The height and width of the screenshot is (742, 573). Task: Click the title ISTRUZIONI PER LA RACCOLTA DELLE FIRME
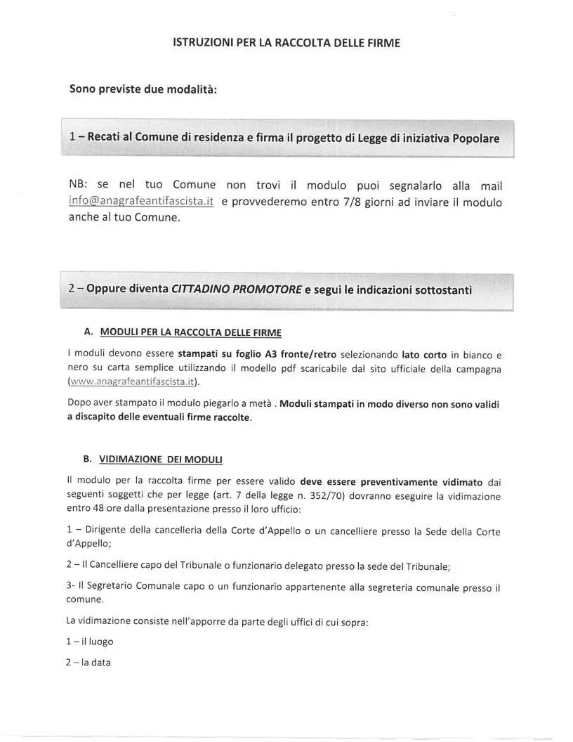click(286, 43)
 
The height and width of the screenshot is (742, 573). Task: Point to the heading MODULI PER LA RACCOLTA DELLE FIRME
click(191, 332)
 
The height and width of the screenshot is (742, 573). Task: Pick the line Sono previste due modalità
click(143, 90)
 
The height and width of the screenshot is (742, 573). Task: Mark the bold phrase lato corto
click(424, 354)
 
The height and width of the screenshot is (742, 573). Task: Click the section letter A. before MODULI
click(88, 332)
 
